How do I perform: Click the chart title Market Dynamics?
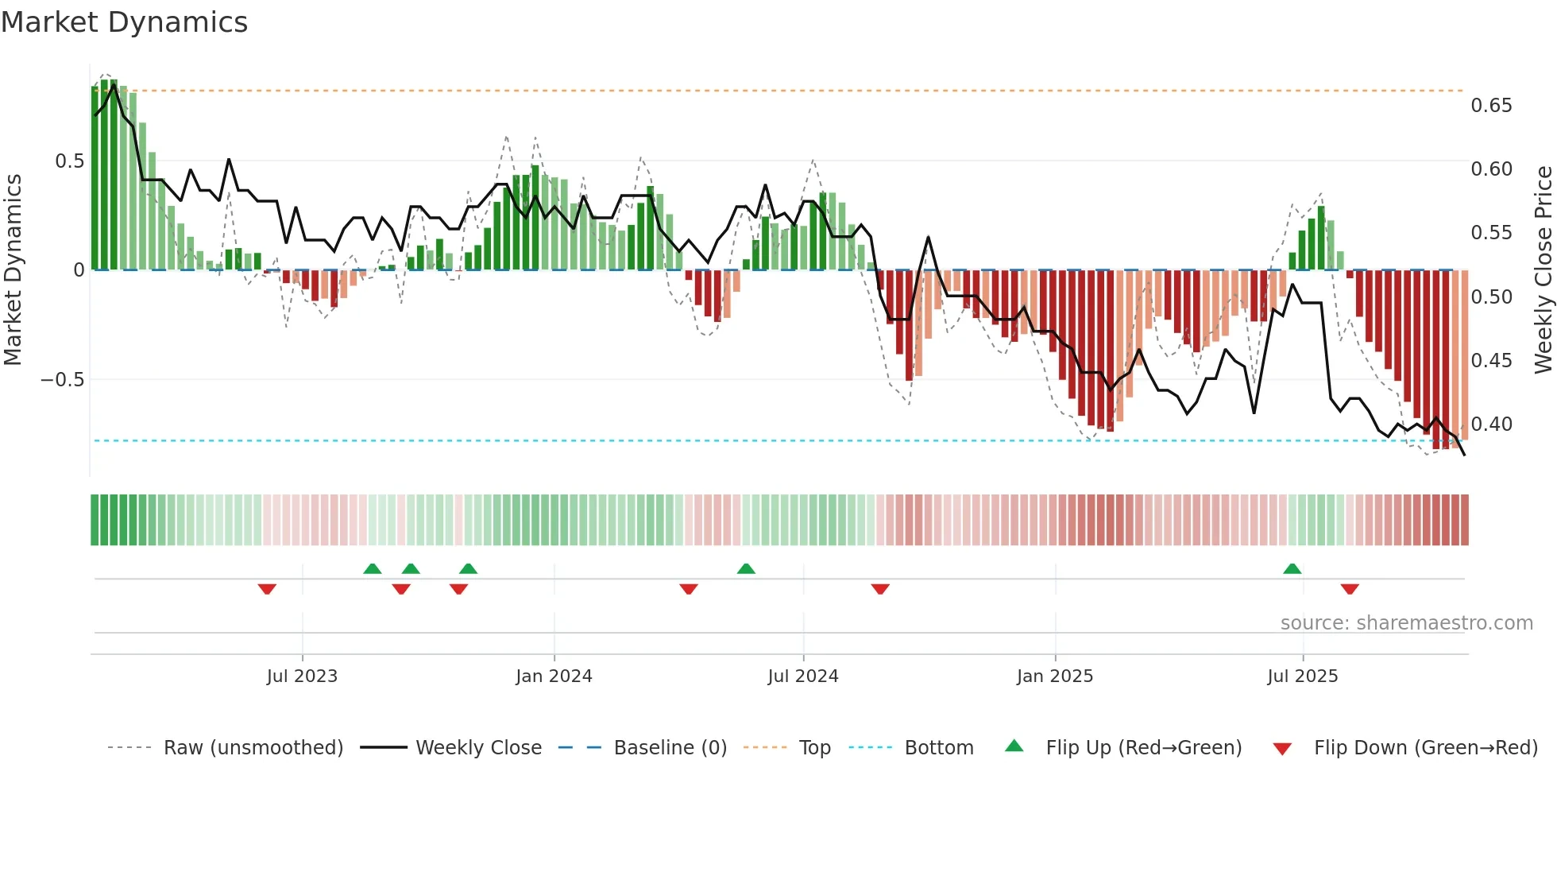coord(124,22)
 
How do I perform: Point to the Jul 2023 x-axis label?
coord(302,676)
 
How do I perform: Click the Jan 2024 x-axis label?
coord(554,676)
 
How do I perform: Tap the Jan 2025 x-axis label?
coord(1055,676)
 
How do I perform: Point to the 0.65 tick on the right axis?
coord(1491,106)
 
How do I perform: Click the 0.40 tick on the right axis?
coord(1491,424)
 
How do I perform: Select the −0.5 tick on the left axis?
coord(63,380)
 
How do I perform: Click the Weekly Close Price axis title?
coord(1543,270)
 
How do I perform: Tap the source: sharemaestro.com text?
coord(1406,623)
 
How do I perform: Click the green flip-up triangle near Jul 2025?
coord(1292,569)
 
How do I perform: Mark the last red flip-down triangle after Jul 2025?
coord(1350,589)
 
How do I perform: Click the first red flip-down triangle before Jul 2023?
coord(267,589)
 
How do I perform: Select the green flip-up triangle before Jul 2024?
coord(746,569)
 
